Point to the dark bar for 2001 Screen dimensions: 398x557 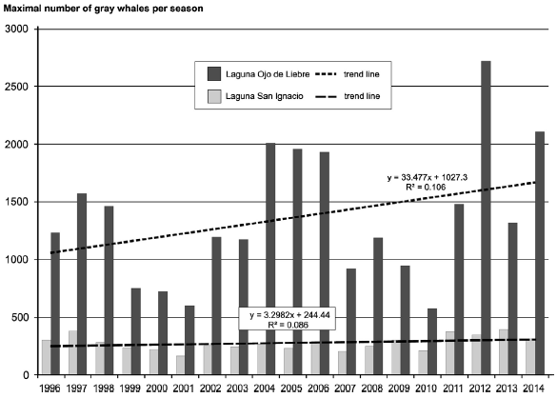click(189, 339)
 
